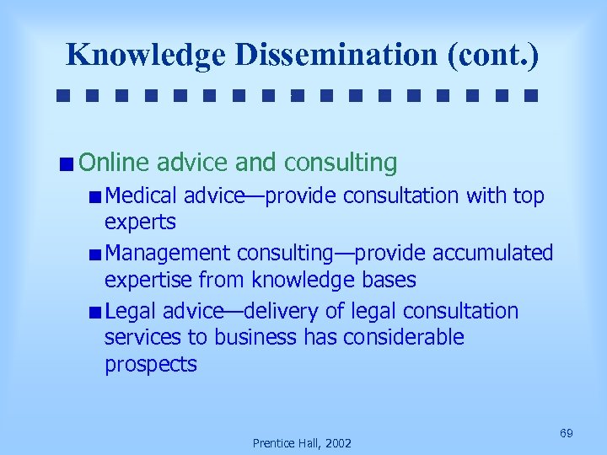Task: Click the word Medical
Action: click(142, 196)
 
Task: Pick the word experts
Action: click(140, 222)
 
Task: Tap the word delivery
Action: click(281, 311)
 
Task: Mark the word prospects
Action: click(150, 364)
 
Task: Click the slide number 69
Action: click(567, 433)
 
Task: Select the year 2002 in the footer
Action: click(337, 443)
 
